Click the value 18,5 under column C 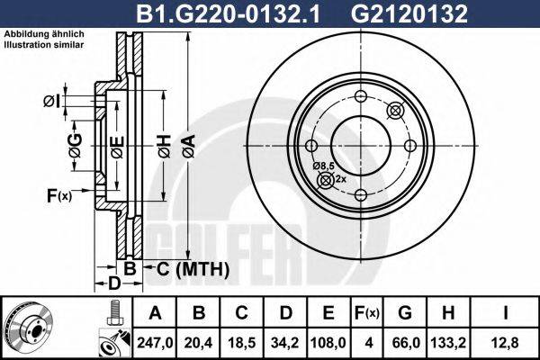tap(241, 342)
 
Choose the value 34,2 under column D tap(285, 342)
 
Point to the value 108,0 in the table tap(329, 342)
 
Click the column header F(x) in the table tap(367, 313)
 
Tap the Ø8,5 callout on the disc tap(324, 166)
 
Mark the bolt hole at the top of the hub tap(360, 97)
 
